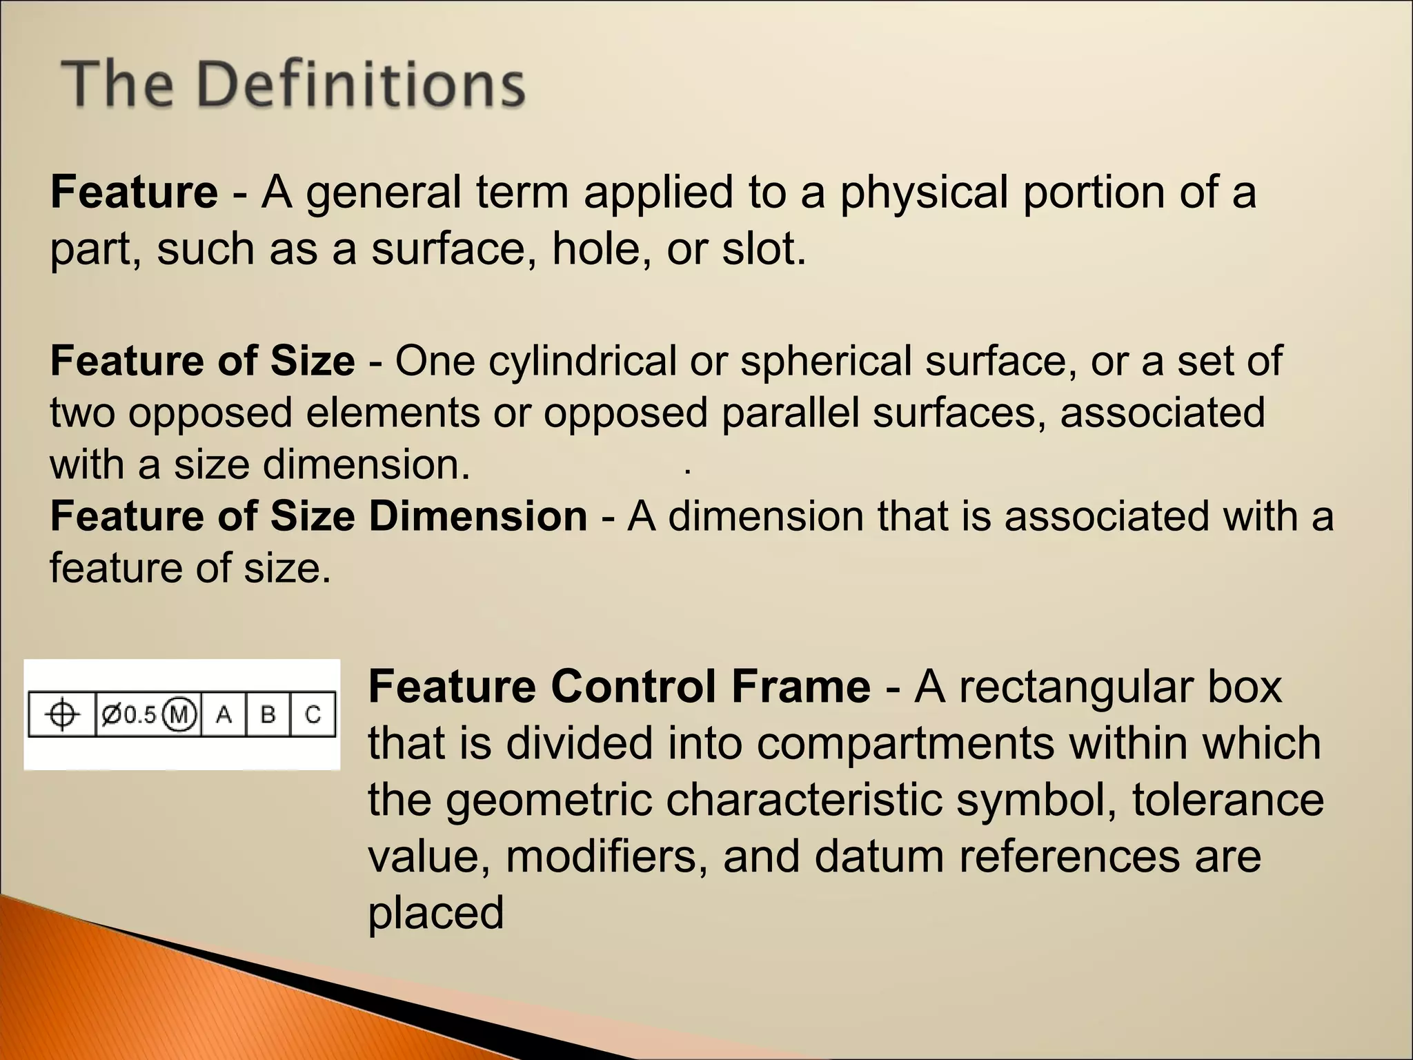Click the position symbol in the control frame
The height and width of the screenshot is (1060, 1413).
tap(62, 714)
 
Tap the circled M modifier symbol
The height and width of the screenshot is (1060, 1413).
tap(179, 714)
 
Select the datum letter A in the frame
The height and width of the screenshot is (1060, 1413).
tap(224, 714)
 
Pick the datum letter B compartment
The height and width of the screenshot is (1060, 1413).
tap(268, 714)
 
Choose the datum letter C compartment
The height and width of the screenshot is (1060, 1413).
tap(313, 714)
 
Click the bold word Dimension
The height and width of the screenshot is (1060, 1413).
tap(477, 516)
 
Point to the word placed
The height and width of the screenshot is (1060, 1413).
tap(435, 913)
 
